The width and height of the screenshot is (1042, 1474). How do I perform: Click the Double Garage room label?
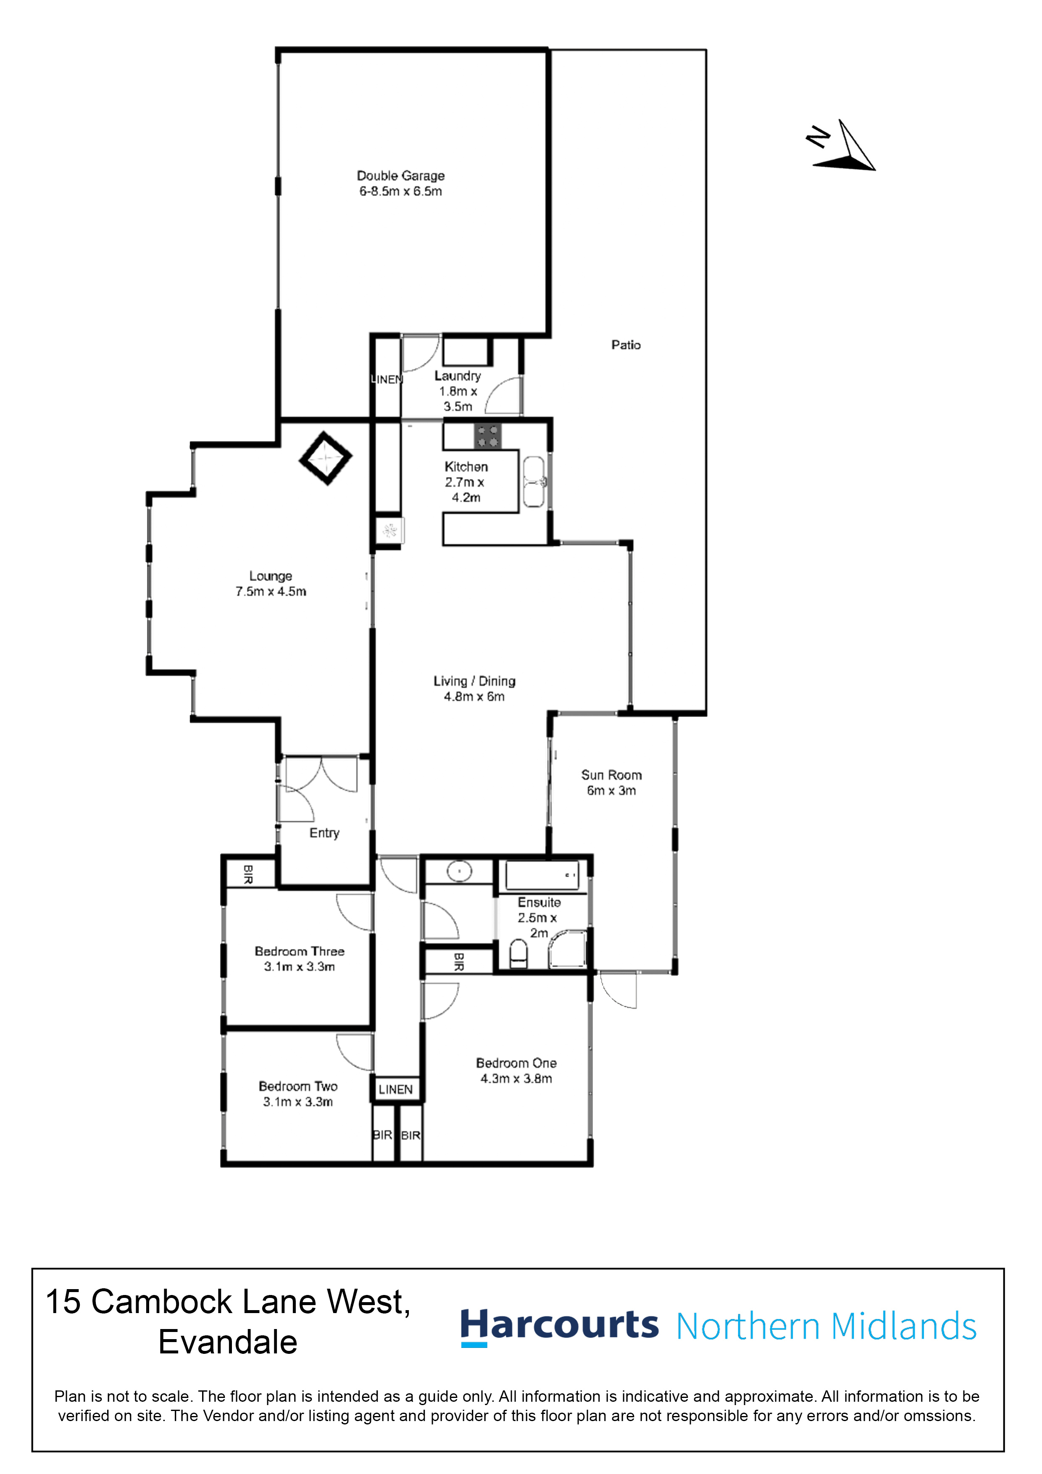pyautogui.click(x=400, y=175)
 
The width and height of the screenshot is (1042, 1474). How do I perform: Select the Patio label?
pyautogui.click(x=625, y=345)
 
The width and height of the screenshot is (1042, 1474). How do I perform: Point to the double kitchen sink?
pyautogui.click(x=534, y=482)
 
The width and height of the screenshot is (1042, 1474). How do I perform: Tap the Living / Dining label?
pyautogui.click(x=474, y=681)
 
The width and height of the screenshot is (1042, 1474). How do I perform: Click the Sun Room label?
pyautogui.click(x=611, y=775)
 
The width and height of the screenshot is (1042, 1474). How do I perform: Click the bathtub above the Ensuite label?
pyautogui.click(x=542, y=874)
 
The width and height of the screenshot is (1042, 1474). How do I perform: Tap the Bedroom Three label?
pyautogui.click(x=299, y=951)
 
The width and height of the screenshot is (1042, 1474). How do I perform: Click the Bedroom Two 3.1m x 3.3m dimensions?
pyautogui.click(x=298, y=1102)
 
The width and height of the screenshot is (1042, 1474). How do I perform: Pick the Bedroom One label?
pyautogui.click(x=516, y=1063)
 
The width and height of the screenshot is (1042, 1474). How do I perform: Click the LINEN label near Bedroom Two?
pyautogui.click(x=395, y=1090)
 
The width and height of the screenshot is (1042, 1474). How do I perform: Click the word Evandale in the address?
pyautogui.click(x=227, y=1342)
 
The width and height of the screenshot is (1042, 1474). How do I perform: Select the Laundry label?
pyautogui.click(x=457, y=376)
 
